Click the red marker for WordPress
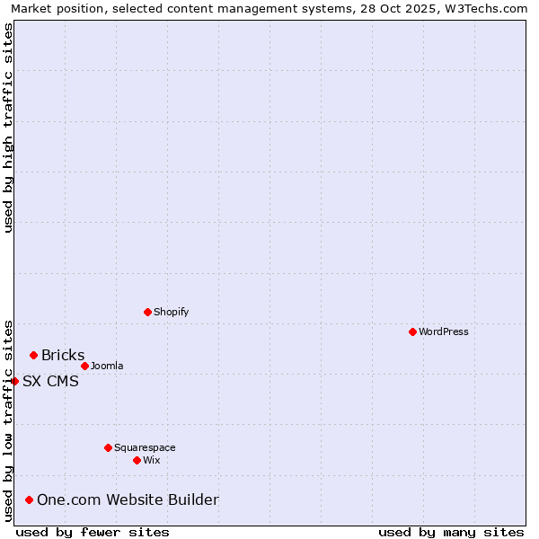pyautogui.click(x=412, y=331)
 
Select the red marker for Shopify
pyautogui.click(x=147, y=312)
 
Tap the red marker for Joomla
pyautogui.click(x=84, y=366)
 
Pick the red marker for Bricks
pyautogui.click(x=33, y=356)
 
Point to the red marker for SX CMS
pyautogui.click(x=15, y=381)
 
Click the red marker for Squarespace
pyautogui.click(x=108, y=447)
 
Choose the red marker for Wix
pyautogui.click(x=137, y=460)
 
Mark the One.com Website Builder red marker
pyautogui.click(x=29, y=499)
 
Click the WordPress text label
pyautogui.click(x=444, y=331)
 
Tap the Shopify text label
pyautogui.click(x=171, y=312)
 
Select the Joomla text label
pyautogui.click(x=107, y=366)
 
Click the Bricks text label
pyautogui.click(x=63, y=356)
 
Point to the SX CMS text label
pyautogui.click(x=50, y=381)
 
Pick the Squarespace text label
pyautogui.click(x=145, y=447)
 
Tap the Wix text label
pyautogui.click(x=151, y=460)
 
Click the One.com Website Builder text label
pyautogui.click(x=128, y=499)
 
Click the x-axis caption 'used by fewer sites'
pyautogui.click(x=93, y=532)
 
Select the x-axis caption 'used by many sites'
pyautogui.click(x=451, y=532)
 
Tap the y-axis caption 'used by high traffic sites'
pyautogui.click(x=9, y=128)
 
